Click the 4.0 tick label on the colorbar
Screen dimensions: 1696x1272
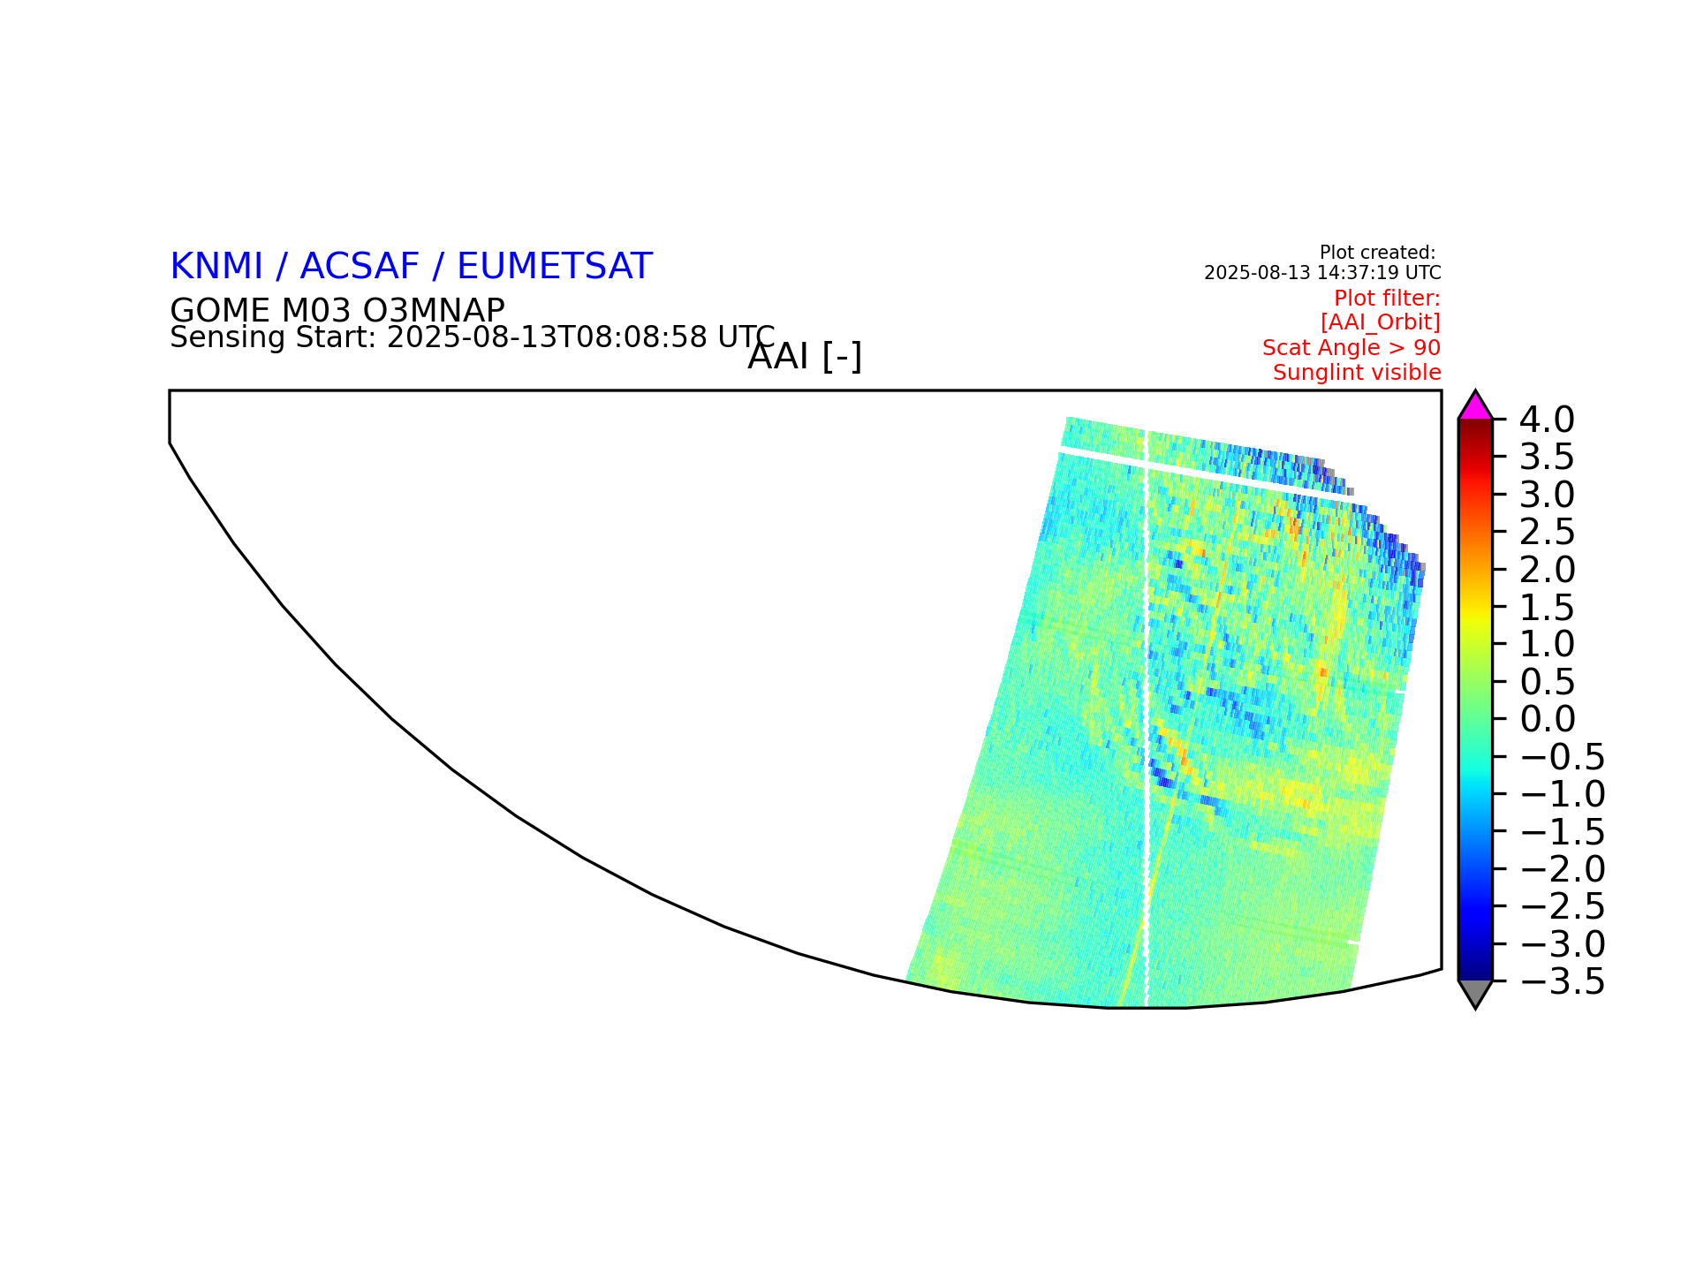(x=1547, y=420)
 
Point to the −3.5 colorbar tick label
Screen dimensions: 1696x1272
(x=1563, y=981)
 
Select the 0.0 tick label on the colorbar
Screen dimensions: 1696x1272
(x=1547, y=719)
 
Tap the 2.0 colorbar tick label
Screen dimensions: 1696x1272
(x=1547, y=570)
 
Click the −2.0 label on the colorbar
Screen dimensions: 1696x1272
(x=1563, y=869)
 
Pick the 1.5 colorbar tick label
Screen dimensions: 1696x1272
(x=1547, y=607)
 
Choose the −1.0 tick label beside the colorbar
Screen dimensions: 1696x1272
(x=1563, y=794)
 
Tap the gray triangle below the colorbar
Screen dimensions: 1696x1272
(x=1475, y=993)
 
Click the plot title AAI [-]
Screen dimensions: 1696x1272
(x=805, y=357)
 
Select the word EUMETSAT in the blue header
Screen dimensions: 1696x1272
(x=555, y=267)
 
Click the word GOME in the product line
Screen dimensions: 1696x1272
(x=220, y=310)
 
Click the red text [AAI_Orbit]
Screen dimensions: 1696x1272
(x=1381, y=322)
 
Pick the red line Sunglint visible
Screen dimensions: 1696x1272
(x=1357, y=373)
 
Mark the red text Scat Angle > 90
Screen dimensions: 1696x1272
(x=1351, y=348)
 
